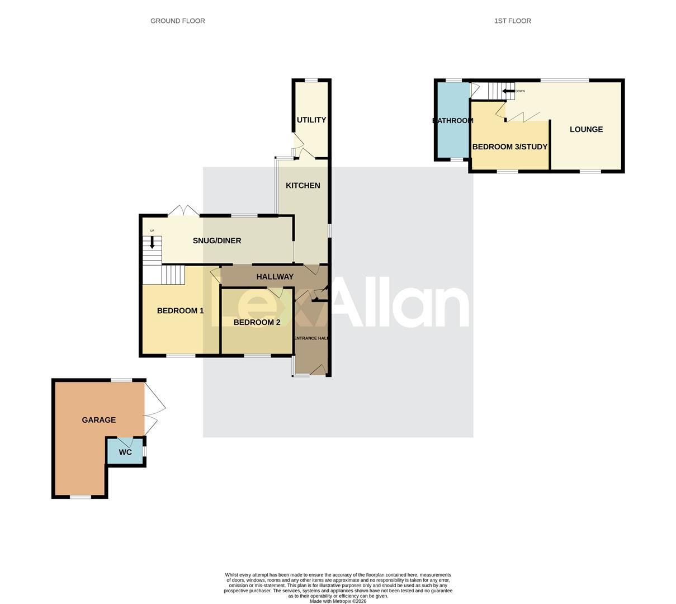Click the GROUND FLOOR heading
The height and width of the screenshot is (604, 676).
pyautogui.click(x=177, y=21)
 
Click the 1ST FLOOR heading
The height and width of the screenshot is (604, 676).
pyautogui.click(x=512, y=21)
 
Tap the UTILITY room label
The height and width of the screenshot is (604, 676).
pyautogui.click(x=311, y=120)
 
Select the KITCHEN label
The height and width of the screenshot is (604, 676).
pyautogui.click(x=302, y=185)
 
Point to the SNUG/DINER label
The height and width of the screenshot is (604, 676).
pyautogui.click(x=216, y=240)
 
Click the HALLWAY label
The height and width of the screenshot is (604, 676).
pyautogui.click(x=275, y=276)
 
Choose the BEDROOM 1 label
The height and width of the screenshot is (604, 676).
pyautogui.click(x=180, y=310)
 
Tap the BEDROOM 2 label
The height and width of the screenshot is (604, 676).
pyautogui.click(x=257, y=322)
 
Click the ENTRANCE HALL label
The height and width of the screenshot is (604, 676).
pyautogui.click(x=311, y=338)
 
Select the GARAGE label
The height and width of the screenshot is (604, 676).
pyautogui.click(x=99, y=419)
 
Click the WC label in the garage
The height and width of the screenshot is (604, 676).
pyautogui.click(x=125, y=452)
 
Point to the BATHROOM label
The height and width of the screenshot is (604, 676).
pyautogui.click(x=453, y=120)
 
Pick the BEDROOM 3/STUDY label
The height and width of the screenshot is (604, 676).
pyautogui.click(x=509, y=147)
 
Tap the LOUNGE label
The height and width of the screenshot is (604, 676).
pyautogui.click(x=586, y=129)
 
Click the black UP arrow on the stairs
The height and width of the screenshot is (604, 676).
pyautogui.click(x=152, y=243)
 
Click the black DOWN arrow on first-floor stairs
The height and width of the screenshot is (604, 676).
pyautogui.click(x=508, y=91)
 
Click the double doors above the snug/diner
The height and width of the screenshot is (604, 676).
pyautogui.click(x=183, y=211)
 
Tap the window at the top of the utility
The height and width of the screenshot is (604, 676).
pyautogui.click(x=311, y=81)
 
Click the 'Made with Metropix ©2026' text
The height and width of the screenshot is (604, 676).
pyautogui.click(x=338, y=601)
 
